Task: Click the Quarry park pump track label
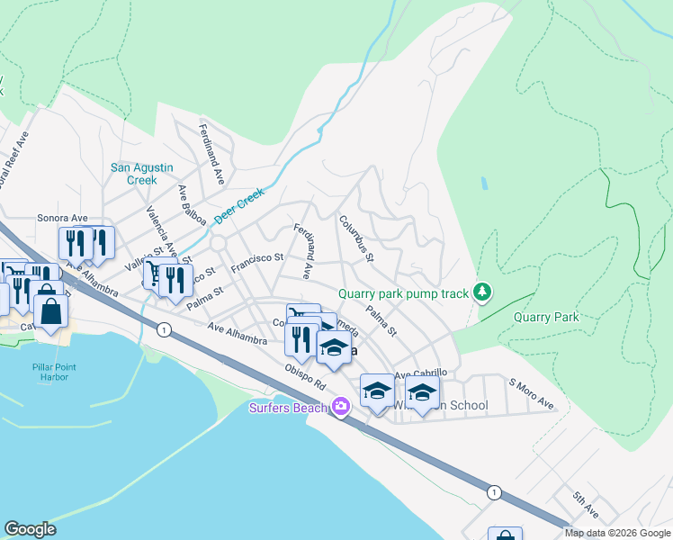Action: coord(404,293)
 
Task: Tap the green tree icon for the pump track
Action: coord(483,291)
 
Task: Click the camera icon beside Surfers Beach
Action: coord(340,407)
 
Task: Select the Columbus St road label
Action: coord(356,238)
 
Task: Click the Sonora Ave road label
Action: coord(62,218)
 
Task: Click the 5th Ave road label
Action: coord(585,503)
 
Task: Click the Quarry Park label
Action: coord(546,317)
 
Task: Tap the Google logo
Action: coord(30,529)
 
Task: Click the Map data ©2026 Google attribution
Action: coord(616,533)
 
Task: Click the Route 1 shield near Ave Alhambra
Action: coord(162,330)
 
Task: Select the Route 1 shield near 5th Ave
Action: coord(492,492)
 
